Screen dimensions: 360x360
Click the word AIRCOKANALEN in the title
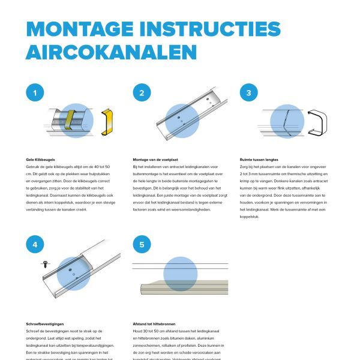(112, 52)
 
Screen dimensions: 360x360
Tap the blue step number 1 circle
(35, 93)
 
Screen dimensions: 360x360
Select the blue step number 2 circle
(142, 93)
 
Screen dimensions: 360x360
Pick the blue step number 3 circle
(248, 93)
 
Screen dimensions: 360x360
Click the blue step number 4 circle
(35, 244)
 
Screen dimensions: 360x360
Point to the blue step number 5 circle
(142, 244)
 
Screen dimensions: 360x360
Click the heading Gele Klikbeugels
(39, 160)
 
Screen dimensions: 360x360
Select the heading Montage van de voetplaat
(155, 160)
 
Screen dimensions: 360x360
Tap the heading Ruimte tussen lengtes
(259, 160)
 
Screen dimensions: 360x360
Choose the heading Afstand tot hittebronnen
(154, 324)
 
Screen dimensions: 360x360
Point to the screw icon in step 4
(45, 263)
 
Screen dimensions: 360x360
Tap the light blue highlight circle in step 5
(180, 274)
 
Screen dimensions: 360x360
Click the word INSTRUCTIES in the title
(212, 29)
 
